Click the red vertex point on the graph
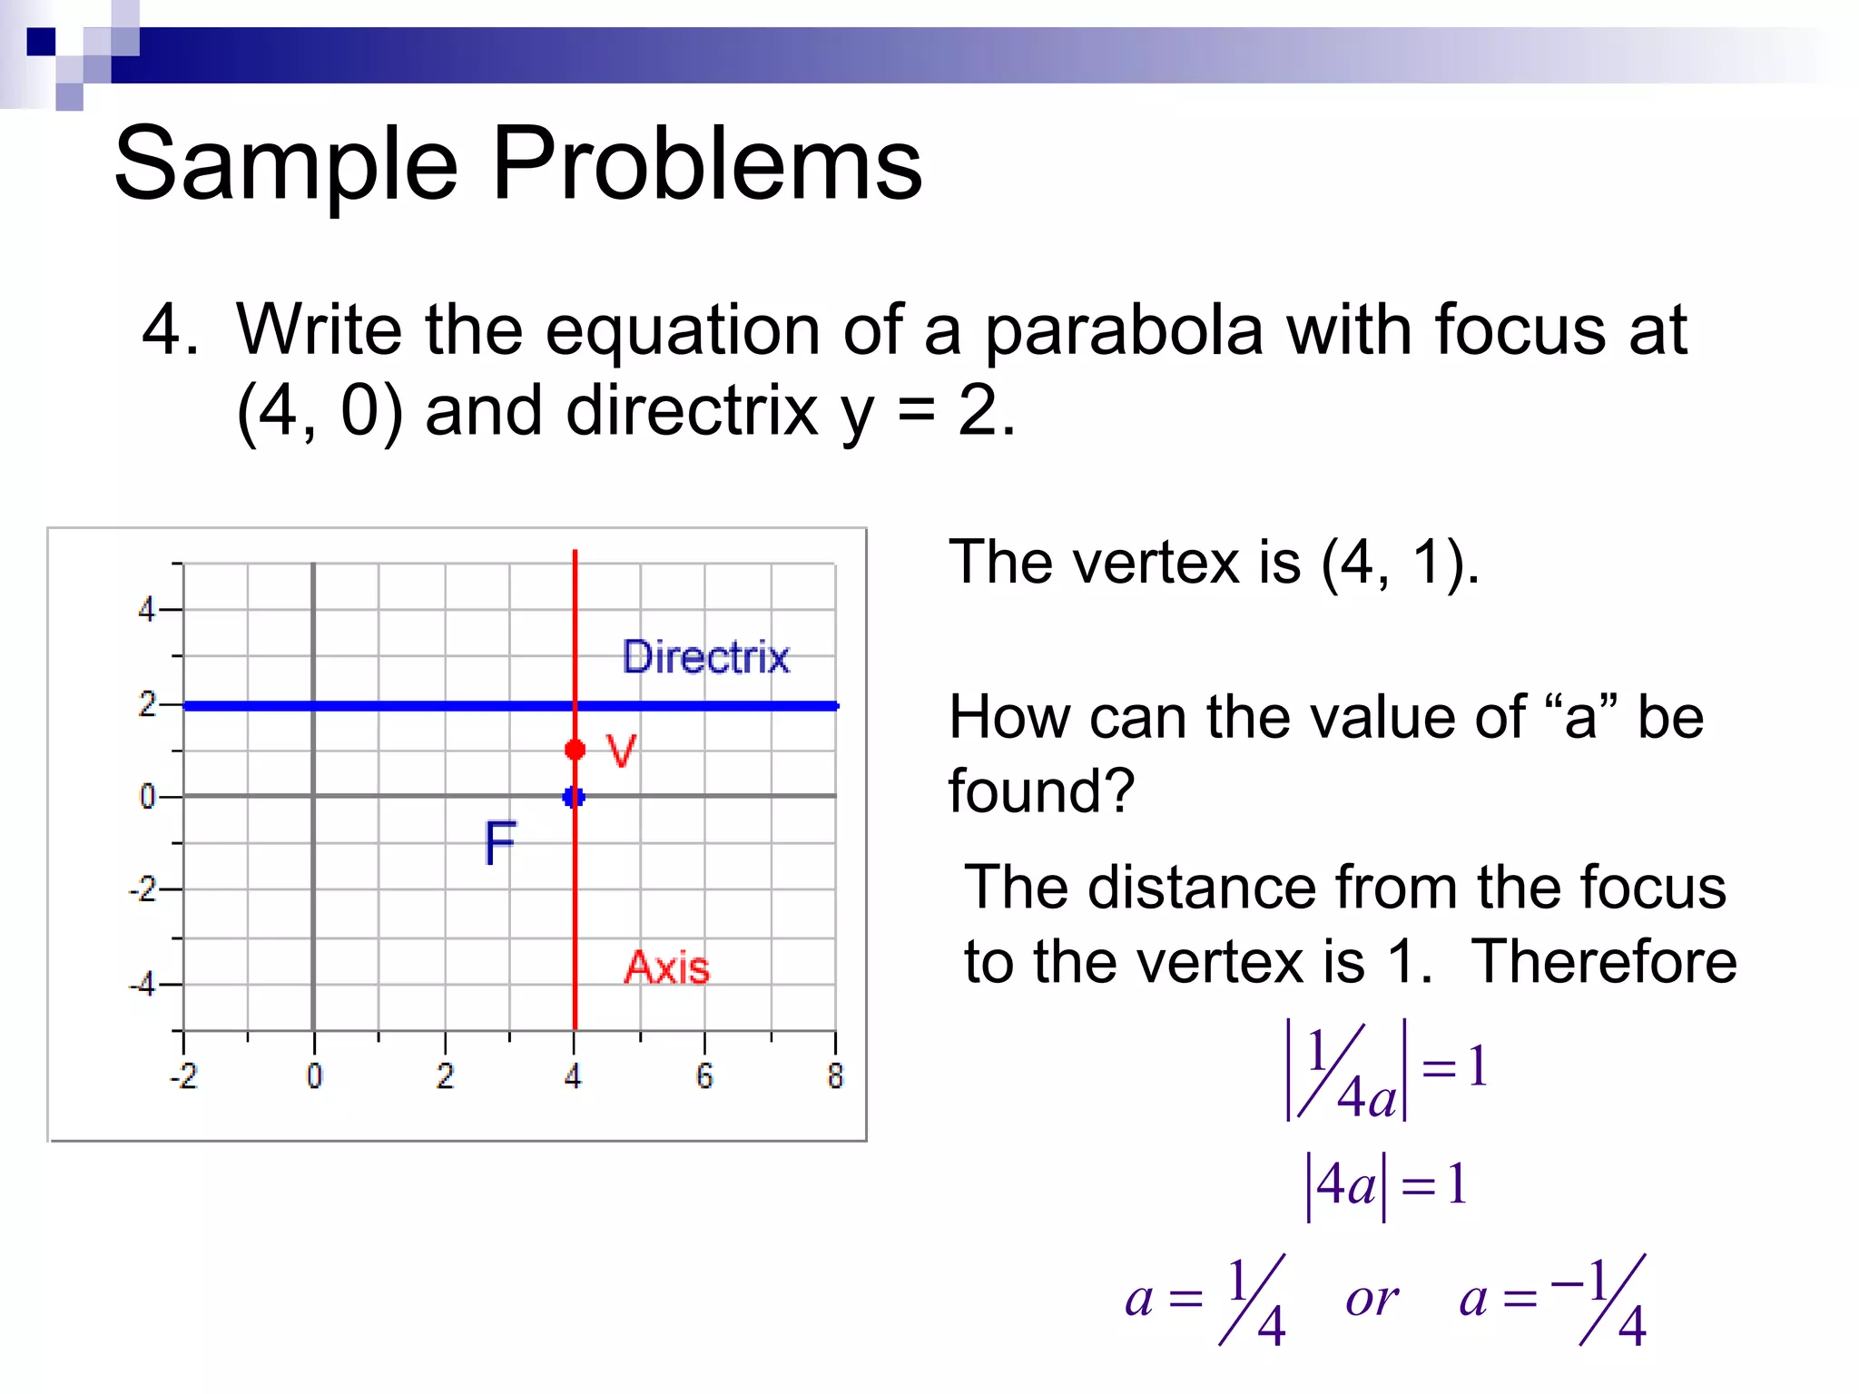575,750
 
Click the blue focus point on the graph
574,797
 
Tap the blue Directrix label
705,657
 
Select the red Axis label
667,967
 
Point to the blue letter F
500,842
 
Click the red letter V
622,751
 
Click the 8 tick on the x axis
835,1076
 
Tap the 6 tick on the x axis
704,1076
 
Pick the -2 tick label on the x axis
183,1076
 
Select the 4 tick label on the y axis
147,609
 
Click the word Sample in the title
287,164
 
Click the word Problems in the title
707,164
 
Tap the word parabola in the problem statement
1124,331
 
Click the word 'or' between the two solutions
1372,1299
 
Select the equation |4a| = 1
1386,1185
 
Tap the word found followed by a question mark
1041,790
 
